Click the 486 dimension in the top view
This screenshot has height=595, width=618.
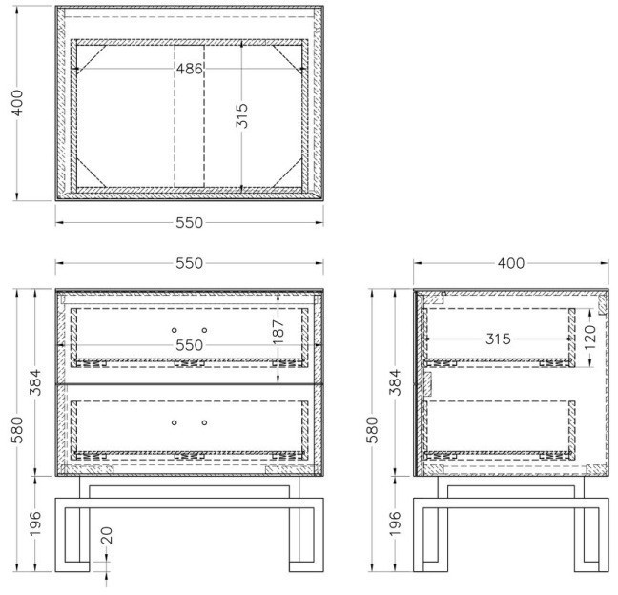(189, 69)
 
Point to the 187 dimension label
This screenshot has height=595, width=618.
(278, 332)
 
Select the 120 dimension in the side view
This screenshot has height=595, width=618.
(590, 337)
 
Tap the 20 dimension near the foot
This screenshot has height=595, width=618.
(107, 536)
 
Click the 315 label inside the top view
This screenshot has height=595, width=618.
(242, 115)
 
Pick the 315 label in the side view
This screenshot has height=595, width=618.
(498, 339)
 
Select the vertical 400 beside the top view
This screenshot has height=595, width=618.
(17, 102)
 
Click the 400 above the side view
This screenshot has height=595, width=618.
(511, 263)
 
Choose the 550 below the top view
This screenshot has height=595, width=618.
(189, 223)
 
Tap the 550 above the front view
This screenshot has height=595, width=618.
(189, 263)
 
